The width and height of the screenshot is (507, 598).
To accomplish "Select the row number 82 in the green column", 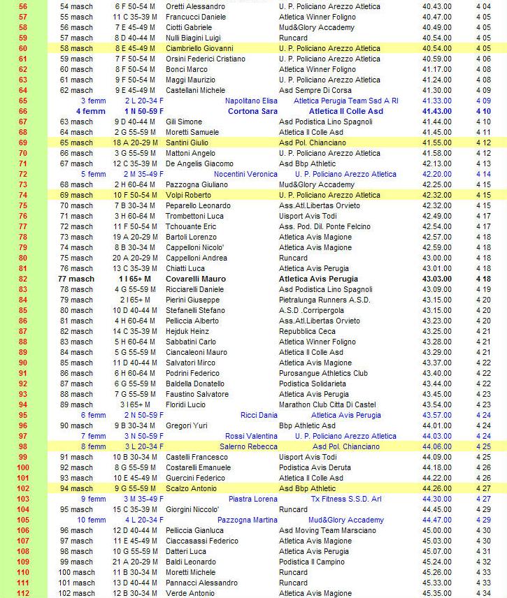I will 23,279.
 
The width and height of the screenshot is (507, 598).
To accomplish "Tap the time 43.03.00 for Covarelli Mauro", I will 437,279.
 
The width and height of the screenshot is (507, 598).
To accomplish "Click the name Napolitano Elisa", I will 251,101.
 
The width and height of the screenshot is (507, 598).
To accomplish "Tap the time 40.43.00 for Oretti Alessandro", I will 437,6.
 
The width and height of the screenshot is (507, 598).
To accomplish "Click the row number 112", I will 23,593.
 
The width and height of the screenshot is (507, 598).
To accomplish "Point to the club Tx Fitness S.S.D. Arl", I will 345,499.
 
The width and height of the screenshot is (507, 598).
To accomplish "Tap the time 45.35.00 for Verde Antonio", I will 437,593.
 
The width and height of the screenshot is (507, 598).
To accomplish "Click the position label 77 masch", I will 76,279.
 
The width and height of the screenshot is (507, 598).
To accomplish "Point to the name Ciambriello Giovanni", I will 199,48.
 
